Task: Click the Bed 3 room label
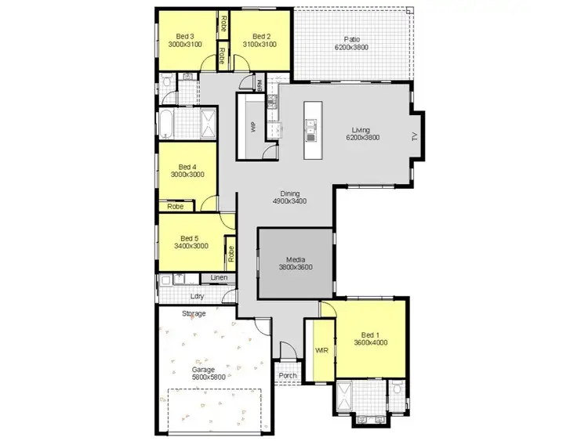tap(185, 40)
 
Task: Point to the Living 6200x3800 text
tap(362, 134)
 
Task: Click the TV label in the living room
tap(415, 136)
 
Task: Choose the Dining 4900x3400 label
tap(289, 197)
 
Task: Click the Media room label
tap(295, 263)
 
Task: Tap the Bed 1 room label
tap(371, 338)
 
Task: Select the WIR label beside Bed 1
tap(321, 349)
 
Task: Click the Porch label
tap(288, 374)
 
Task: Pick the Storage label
tap(194, 314)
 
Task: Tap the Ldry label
tap(198, 296)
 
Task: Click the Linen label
tap(219, 278)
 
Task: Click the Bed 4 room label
tap(187, 171)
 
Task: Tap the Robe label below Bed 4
tap(175, 207)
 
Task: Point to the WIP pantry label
tap(253, 127)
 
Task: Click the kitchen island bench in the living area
tap(311, 130)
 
